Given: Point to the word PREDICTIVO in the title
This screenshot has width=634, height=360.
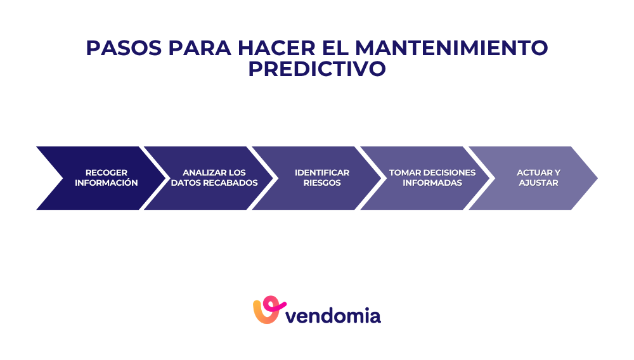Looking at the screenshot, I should pyautogui.click(x=317, y=69).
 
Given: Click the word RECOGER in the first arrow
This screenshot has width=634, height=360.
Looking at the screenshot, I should pyautogui.click(x=107, y=173).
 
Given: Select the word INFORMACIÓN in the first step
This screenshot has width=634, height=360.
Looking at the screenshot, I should pyautogui.click(x=107, y=183).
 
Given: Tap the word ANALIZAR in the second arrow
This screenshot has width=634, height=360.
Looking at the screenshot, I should pyautogui.click(x=201, y=173).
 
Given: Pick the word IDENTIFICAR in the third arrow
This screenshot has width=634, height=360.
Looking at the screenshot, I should pyautogui.click(x=322, y=173).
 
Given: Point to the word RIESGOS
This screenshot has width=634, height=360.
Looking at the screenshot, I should pyautogui.click(x=322, y=183).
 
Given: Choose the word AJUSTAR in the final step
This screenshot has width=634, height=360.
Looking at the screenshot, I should pyautogui.click(x=538, y=183).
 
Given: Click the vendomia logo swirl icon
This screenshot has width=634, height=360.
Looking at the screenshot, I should pyautogui.click(x=266, y=310).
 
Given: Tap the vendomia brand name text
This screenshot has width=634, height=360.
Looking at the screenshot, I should pyautogui.click(x=333, y=315).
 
